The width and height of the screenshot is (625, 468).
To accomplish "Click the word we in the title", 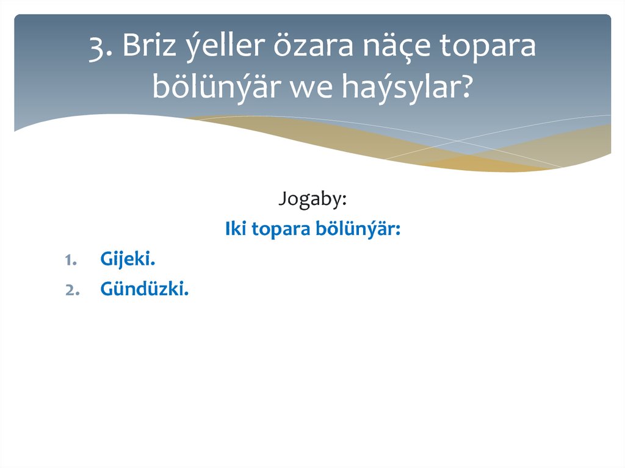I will [x=309, y=87].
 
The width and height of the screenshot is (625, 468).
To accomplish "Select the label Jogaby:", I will [x=312, y=199].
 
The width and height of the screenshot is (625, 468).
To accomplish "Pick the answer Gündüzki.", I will [x=144, y=290].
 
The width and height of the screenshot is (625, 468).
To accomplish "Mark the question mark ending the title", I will [x=466, y=87].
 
